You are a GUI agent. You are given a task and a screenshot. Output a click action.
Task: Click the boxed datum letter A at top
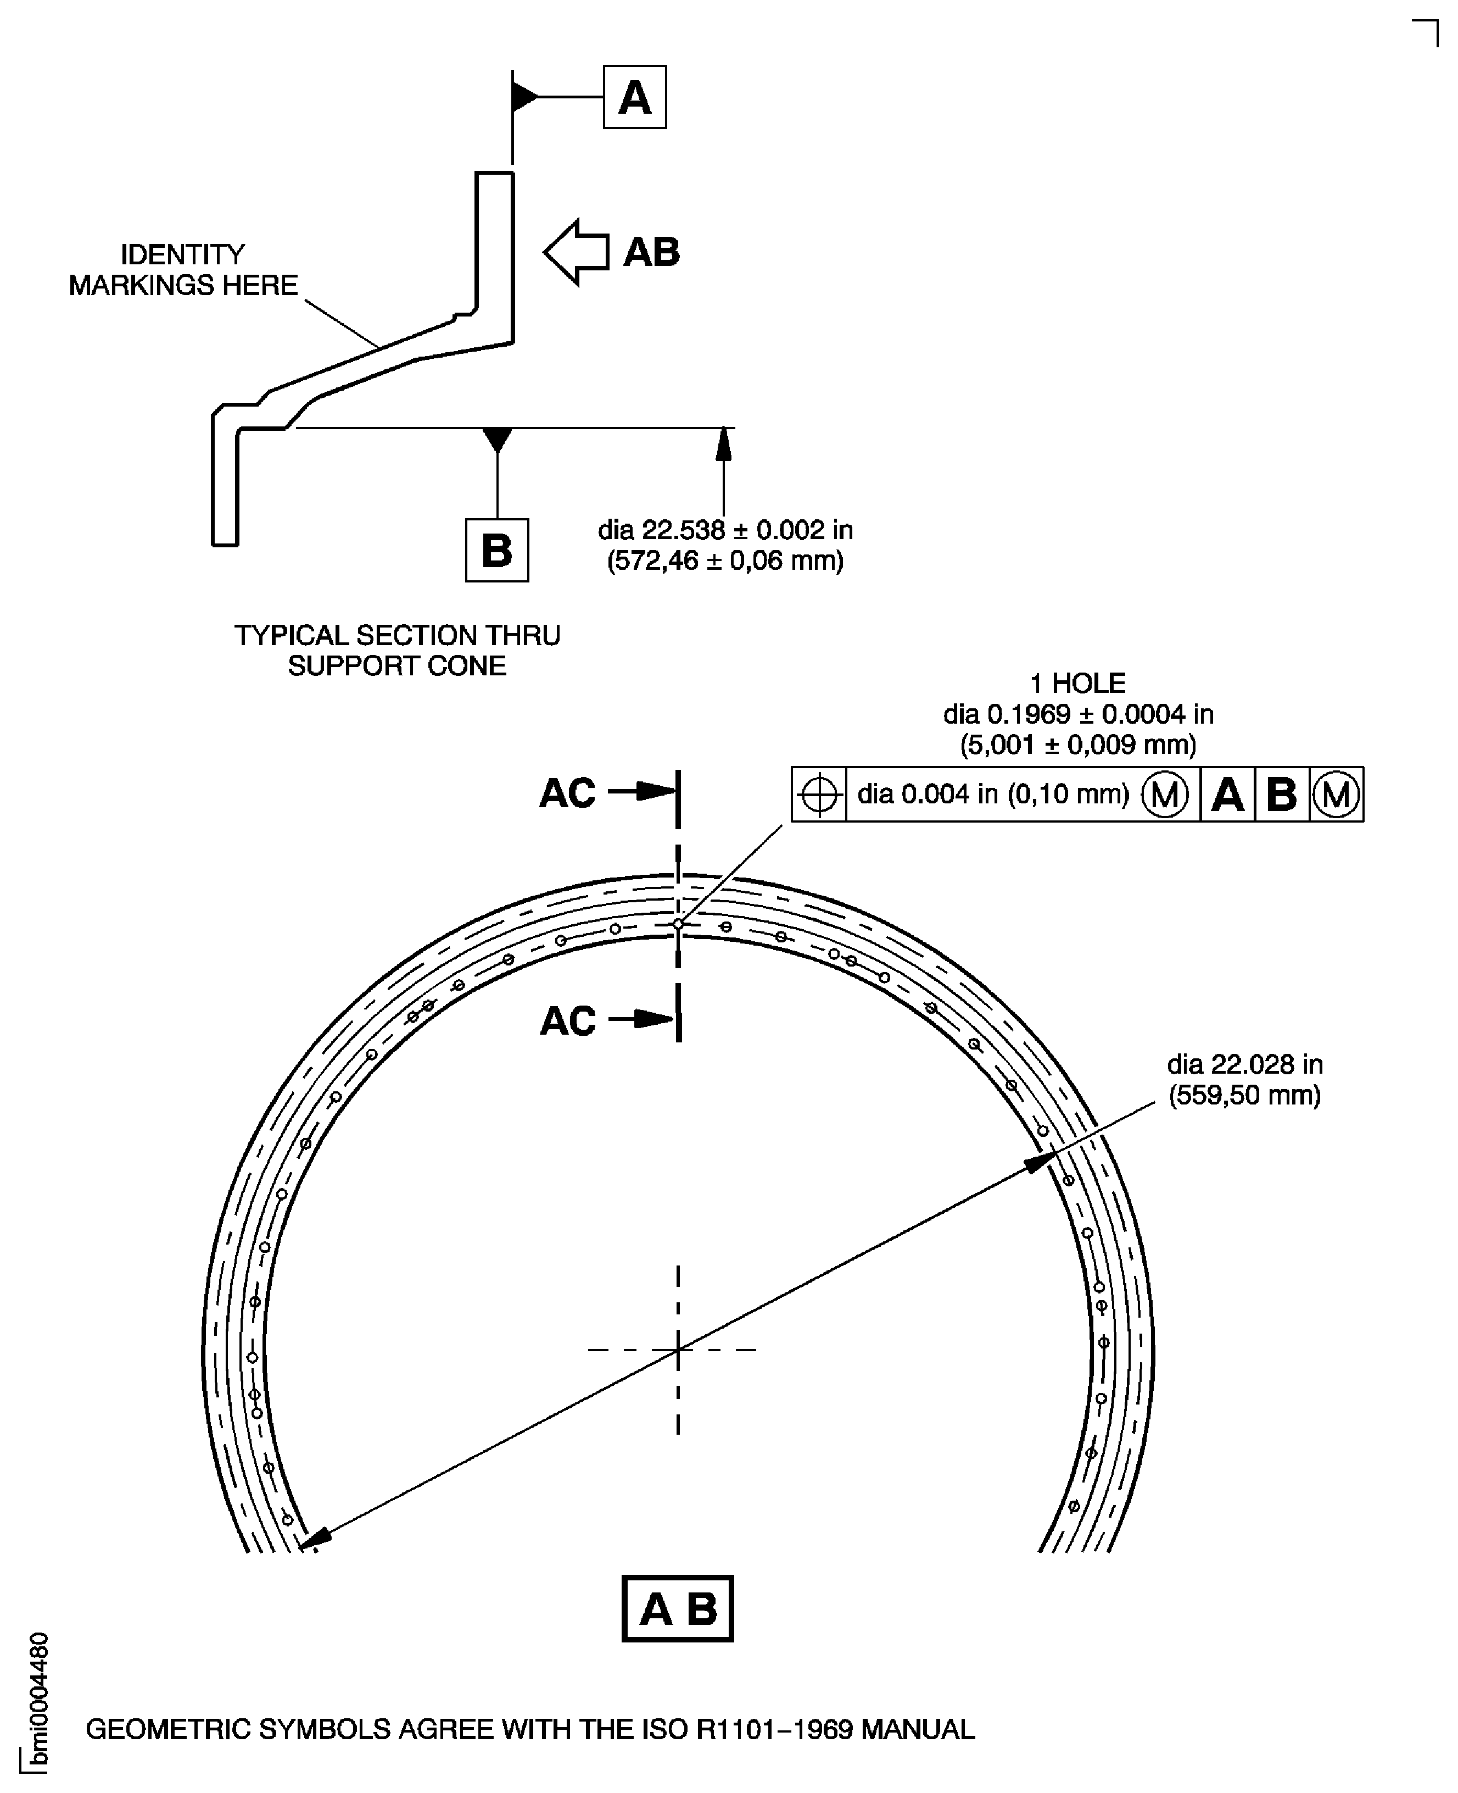[x=634, y=97]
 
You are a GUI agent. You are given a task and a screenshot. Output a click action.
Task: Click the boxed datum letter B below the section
[x=496, y=551]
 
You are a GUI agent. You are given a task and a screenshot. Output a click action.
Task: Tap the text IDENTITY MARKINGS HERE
[x=183, y=270]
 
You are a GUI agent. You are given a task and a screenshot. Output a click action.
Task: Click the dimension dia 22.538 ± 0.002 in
[x=725, y=530]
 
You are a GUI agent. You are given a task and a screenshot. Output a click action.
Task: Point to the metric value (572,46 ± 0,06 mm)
[x=725, y=560]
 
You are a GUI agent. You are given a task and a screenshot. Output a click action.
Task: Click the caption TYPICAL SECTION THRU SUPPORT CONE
[x=397, y=650]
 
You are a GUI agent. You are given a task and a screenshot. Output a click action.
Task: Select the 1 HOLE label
[x=1077, y=683]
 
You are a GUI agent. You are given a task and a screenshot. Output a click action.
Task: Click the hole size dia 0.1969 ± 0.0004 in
[x=1077, y=714]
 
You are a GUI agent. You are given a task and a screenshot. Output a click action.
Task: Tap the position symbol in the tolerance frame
[x=819, y=794]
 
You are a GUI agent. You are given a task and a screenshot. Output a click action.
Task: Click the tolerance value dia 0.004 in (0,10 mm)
[x=993, y=794]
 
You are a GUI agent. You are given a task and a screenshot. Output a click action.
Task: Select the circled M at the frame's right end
[x=1336, y=794]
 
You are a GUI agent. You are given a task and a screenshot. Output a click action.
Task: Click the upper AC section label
[x=568, y=793]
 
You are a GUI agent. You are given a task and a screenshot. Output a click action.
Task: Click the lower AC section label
[x=568, y=1021]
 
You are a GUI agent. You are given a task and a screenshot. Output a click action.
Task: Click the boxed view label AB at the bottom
[x=678, y=1609]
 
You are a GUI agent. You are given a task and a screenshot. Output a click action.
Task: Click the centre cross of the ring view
[x=678, y=1350]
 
